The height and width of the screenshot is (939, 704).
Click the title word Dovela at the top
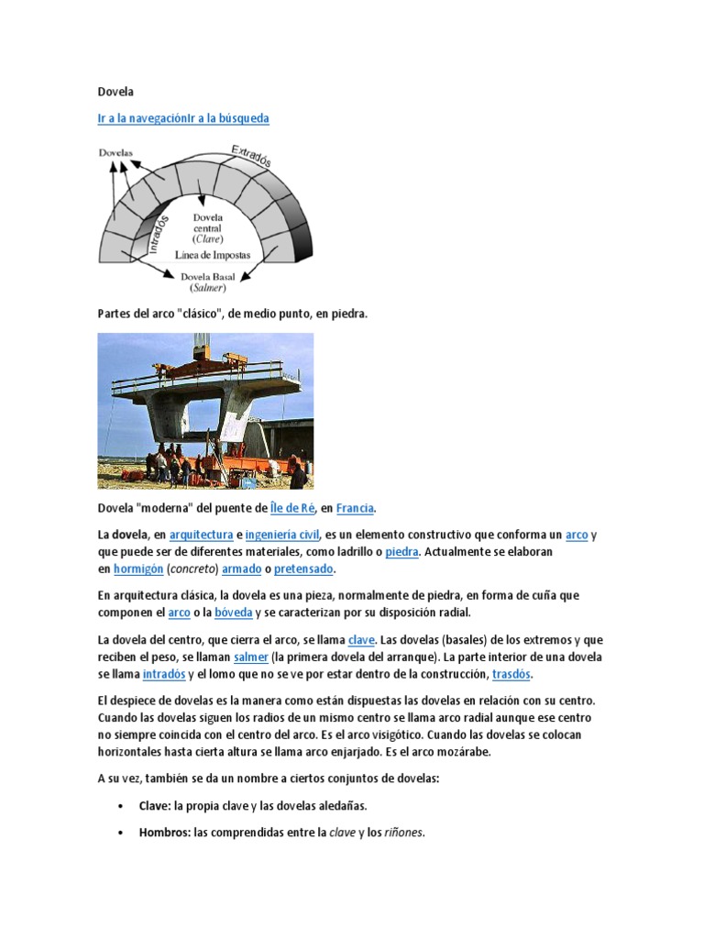click(115, 92)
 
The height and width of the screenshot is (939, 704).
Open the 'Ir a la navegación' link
click(142, 118)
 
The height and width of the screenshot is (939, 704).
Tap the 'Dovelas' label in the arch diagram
click(115, 153)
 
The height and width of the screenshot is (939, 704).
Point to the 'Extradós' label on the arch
click(250, 156)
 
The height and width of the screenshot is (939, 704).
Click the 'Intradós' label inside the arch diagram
click(162, 233)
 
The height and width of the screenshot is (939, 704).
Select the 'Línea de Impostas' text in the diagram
click(212, 254)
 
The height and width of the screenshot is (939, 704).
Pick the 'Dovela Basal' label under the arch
click(209, 275)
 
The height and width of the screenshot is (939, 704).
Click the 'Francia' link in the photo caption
click(355, 508)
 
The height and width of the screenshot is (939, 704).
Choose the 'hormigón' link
click(137, 569)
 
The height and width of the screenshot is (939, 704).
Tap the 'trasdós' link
click(511, 674)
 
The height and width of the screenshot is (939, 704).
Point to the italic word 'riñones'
click(402, 833)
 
